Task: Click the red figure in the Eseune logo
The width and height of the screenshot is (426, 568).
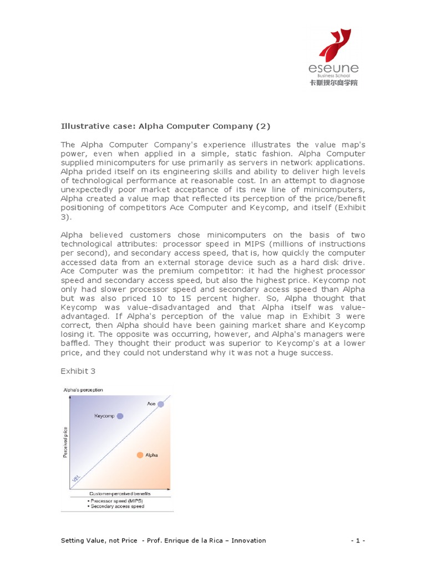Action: coord(335,45)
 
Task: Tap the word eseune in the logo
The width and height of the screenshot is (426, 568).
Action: coord(333,68)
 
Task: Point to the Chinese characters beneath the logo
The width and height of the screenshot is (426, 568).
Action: coord(333,83)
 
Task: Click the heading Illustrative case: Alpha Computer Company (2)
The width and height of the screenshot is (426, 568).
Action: coord(165,126)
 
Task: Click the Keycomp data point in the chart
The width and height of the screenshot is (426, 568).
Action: coord(120,415)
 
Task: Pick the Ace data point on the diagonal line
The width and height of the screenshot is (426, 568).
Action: coord(161,404)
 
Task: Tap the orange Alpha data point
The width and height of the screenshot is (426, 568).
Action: coord(140,455)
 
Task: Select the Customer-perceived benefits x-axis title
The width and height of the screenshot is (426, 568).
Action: coord(120,493)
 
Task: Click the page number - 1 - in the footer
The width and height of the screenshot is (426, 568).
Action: coord(358,540)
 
